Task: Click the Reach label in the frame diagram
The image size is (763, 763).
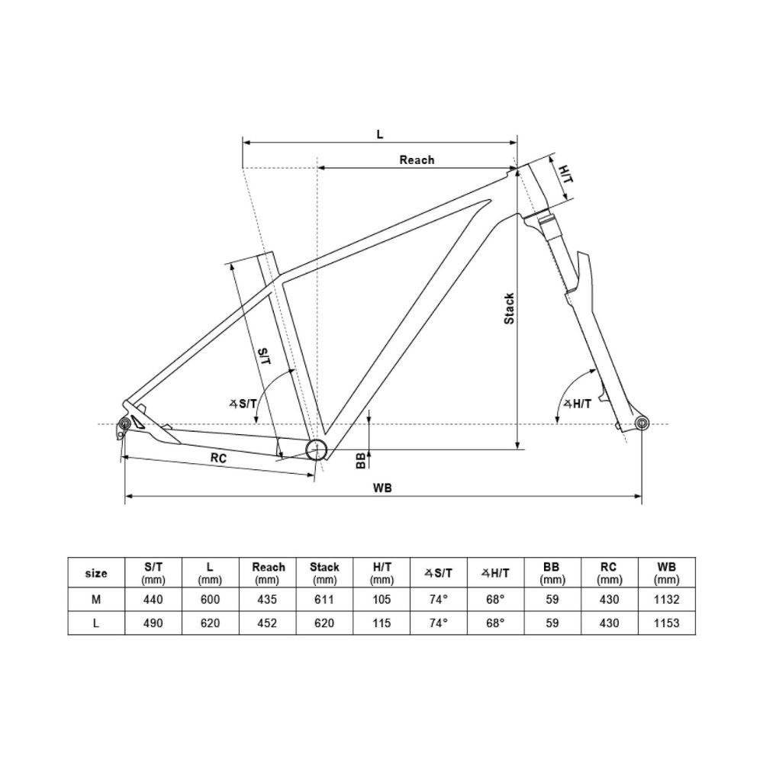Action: point(417,159)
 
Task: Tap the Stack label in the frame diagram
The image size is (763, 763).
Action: point(509,308)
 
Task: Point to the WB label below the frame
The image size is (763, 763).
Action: point(383,488)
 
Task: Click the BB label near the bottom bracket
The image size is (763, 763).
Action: point(360,460)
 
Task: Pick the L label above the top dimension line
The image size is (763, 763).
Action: point(380,134)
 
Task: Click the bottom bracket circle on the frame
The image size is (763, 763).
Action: point(315,450)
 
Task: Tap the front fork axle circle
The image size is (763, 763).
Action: point(641,423)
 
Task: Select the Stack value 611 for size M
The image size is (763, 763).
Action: point(324,600)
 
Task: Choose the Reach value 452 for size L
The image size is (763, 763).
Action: point(269,623)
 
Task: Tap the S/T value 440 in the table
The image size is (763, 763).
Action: point(153,600)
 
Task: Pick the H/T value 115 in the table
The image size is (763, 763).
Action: point(381,623)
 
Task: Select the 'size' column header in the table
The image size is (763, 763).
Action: point(96,573)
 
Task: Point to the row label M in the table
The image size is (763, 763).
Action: point(96,600)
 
